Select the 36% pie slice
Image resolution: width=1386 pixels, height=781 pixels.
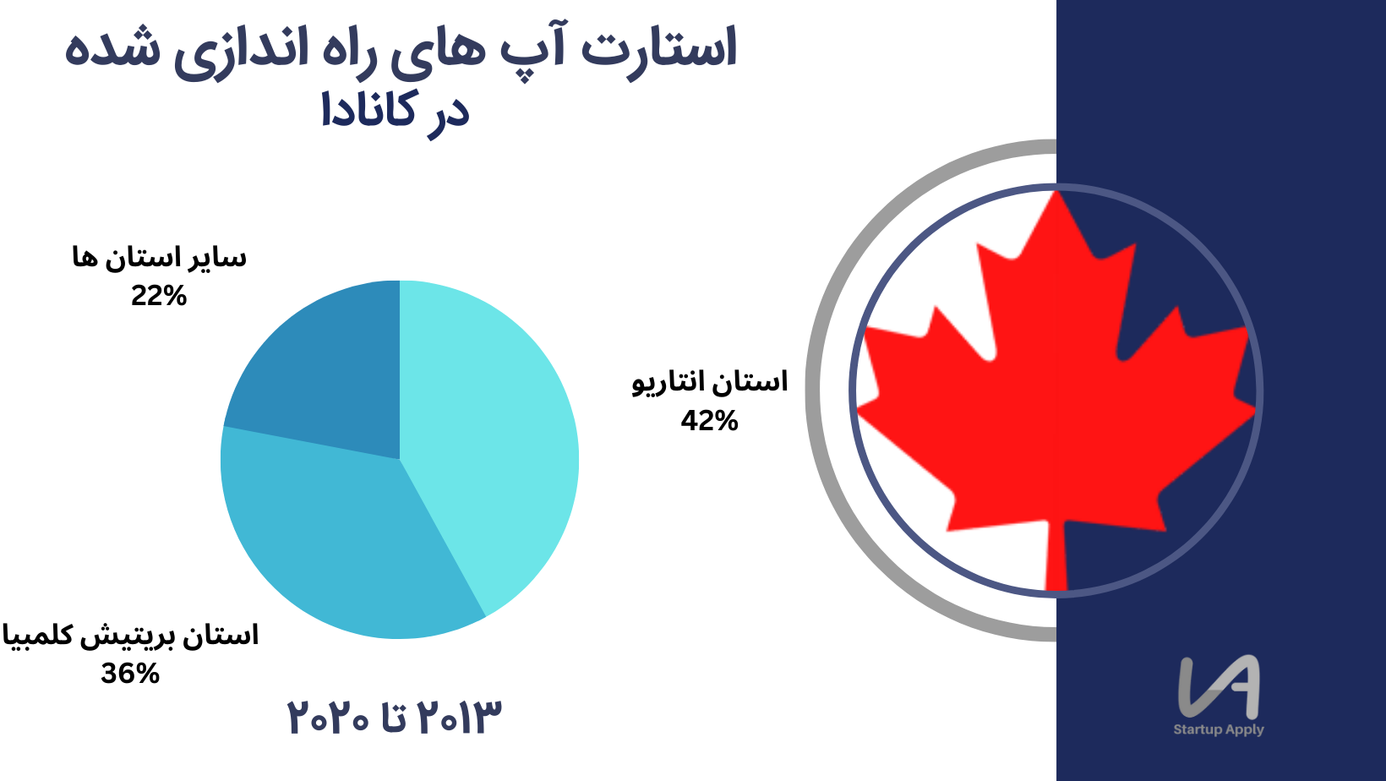click(x=334, y=544)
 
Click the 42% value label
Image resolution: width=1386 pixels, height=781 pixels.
click(x=710, y=421)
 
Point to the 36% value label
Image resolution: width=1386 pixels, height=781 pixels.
click(x=130, y=674)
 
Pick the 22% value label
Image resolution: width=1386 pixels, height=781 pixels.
click(x=158, y=296)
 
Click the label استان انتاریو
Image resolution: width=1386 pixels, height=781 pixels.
click(x=710, y=382)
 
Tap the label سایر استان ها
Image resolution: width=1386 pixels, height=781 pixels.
click(x=159, y=258)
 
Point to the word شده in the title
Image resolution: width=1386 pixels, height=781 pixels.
click(x=112, y=50)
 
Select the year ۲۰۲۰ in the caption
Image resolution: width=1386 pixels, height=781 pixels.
click(x=328, y=718)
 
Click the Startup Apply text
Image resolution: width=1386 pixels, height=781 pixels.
click(x=1219, y=729)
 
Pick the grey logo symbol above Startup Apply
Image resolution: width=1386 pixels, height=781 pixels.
click(x=1219, y=687)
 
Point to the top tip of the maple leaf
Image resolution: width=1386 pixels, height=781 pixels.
click(x=1056, y=191)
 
